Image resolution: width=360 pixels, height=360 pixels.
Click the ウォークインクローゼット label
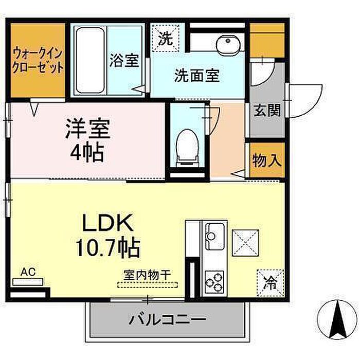point(38,60)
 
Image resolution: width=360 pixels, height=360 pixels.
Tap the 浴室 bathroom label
point(124,60)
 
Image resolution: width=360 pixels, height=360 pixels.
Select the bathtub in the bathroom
point(90,60)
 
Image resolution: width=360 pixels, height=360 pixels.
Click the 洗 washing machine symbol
point(166,38)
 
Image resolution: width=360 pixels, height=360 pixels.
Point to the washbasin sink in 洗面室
point(228,44)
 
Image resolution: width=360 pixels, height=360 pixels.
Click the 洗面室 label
point(197,75)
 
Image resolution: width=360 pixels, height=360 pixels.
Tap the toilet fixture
point(187,148)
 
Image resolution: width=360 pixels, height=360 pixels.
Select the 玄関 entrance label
point(267,110)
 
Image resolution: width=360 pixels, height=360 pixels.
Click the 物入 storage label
point(267,160)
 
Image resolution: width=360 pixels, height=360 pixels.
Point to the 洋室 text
point(88,129)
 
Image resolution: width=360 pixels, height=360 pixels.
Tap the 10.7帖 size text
point(108,247)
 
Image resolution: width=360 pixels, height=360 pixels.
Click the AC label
point(28,272)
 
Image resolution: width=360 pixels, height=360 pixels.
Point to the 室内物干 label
point(147,275)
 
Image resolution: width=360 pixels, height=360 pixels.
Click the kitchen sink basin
point(215,237)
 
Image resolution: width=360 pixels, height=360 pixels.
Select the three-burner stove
point(214,282)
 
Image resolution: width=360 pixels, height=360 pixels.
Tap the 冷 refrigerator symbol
point(270,283)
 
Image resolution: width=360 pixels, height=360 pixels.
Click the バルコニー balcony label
point(167,319)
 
